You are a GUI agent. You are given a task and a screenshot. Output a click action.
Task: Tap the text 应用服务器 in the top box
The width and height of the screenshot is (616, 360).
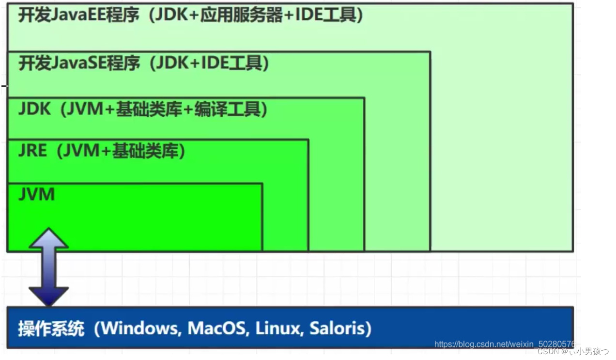[x=242, y=15]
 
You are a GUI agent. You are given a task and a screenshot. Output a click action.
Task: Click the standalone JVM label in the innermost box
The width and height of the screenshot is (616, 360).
[x=37, y=194]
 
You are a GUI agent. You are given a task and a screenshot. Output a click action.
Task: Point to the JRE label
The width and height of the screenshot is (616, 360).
[x=32, y=151]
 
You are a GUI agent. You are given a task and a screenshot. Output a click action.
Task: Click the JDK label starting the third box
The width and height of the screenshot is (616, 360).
[x=34, y=109]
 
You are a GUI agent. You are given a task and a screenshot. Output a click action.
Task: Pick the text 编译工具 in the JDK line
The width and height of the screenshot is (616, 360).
[x=227, y=109]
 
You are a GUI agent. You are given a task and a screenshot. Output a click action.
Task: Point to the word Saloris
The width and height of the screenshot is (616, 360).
[x=337, y=329]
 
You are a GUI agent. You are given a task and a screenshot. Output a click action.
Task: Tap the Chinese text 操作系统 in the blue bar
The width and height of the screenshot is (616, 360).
[x=51, y=329]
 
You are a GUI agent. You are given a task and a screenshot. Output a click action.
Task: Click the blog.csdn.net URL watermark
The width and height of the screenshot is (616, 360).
[x=504, y=344]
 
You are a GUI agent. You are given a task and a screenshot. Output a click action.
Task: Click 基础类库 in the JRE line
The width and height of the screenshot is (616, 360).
[x=145, y=151]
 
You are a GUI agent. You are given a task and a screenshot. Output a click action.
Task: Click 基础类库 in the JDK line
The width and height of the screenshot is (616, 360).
[x=149, y=109]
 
